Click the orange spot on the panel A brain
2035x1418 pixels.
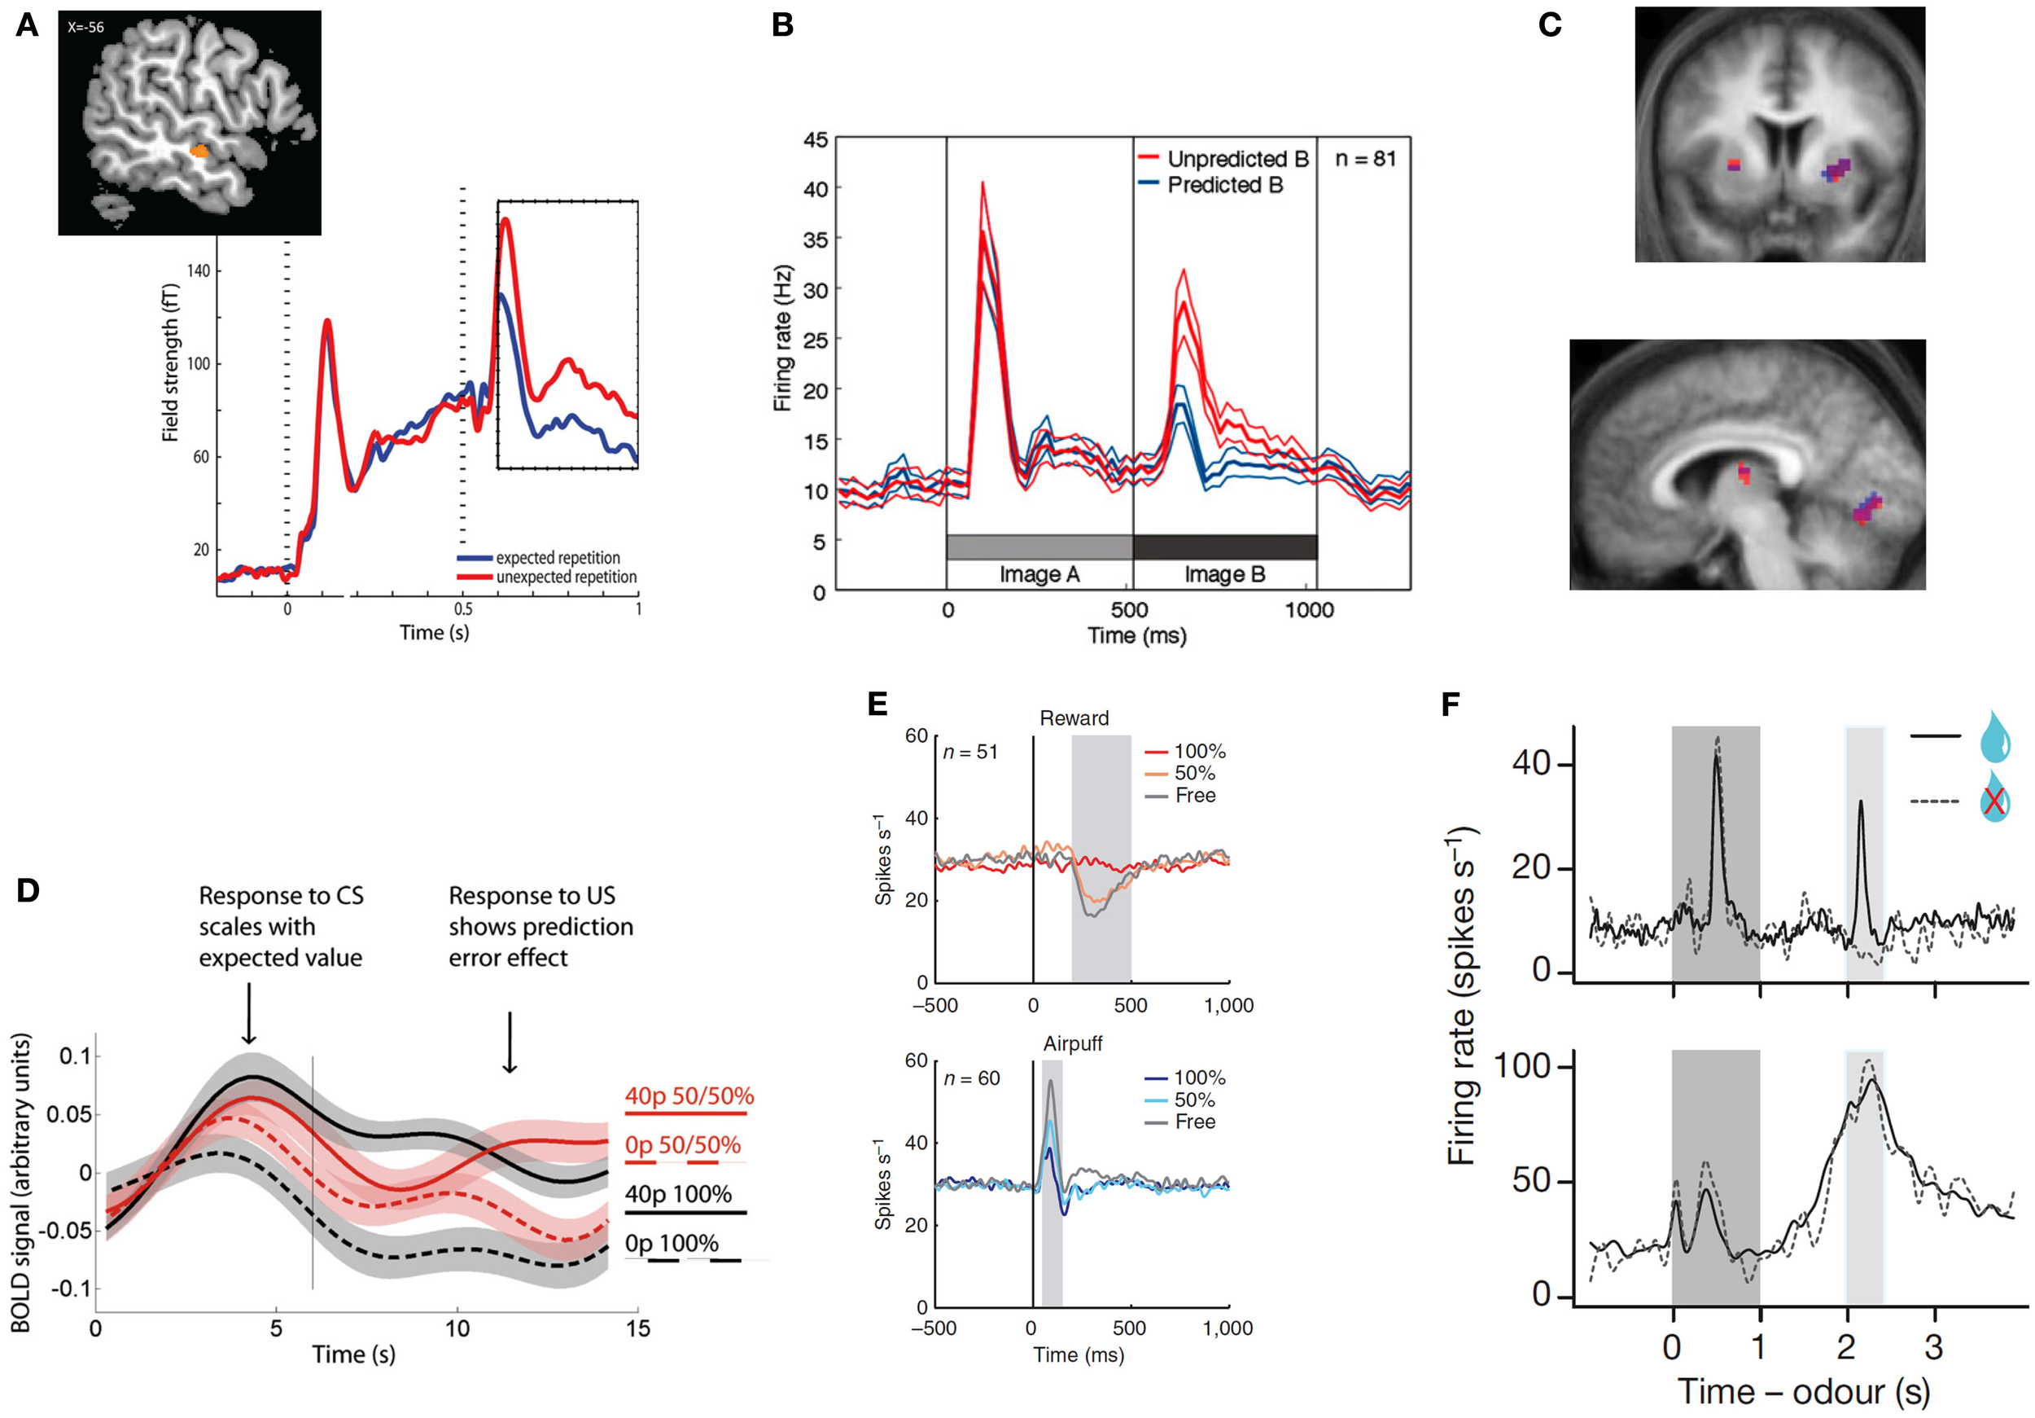(x=200, y=151)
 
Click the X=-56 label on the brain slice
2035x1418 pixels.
(x=86, y=28)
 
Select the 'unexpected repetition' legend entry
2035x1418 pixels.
(x=566, y=577)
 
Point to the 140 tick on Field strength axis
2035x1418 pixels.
(x=199, y=270)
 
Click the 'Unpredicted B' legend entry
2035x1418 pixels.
(x=1236, y=159)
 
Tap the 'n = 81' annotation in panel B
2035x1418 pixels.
(x=1365, y=159)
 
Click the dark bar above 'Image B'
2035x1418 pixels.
(x=1224, y=547)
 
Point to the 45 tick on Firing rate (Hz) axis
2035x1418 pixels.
(x=815, y=140)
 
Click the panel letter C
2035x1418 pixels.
(x=1549, y=24)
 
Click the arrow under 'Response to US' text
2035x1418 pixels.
(x=510, y=1041)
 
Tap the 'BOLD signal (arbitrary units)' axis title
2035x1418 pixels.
(x=21, y=1182)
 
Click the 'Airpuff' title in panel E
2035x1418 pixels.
(x=1073, y=1044)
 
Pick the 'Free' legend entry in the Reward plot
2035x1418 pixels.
(x=1195, y=796)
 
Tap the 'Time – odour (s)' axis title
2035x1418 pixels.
(x=1804, y=1390)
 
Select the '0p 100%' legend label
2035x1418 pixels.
(x=671, y=1244)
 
